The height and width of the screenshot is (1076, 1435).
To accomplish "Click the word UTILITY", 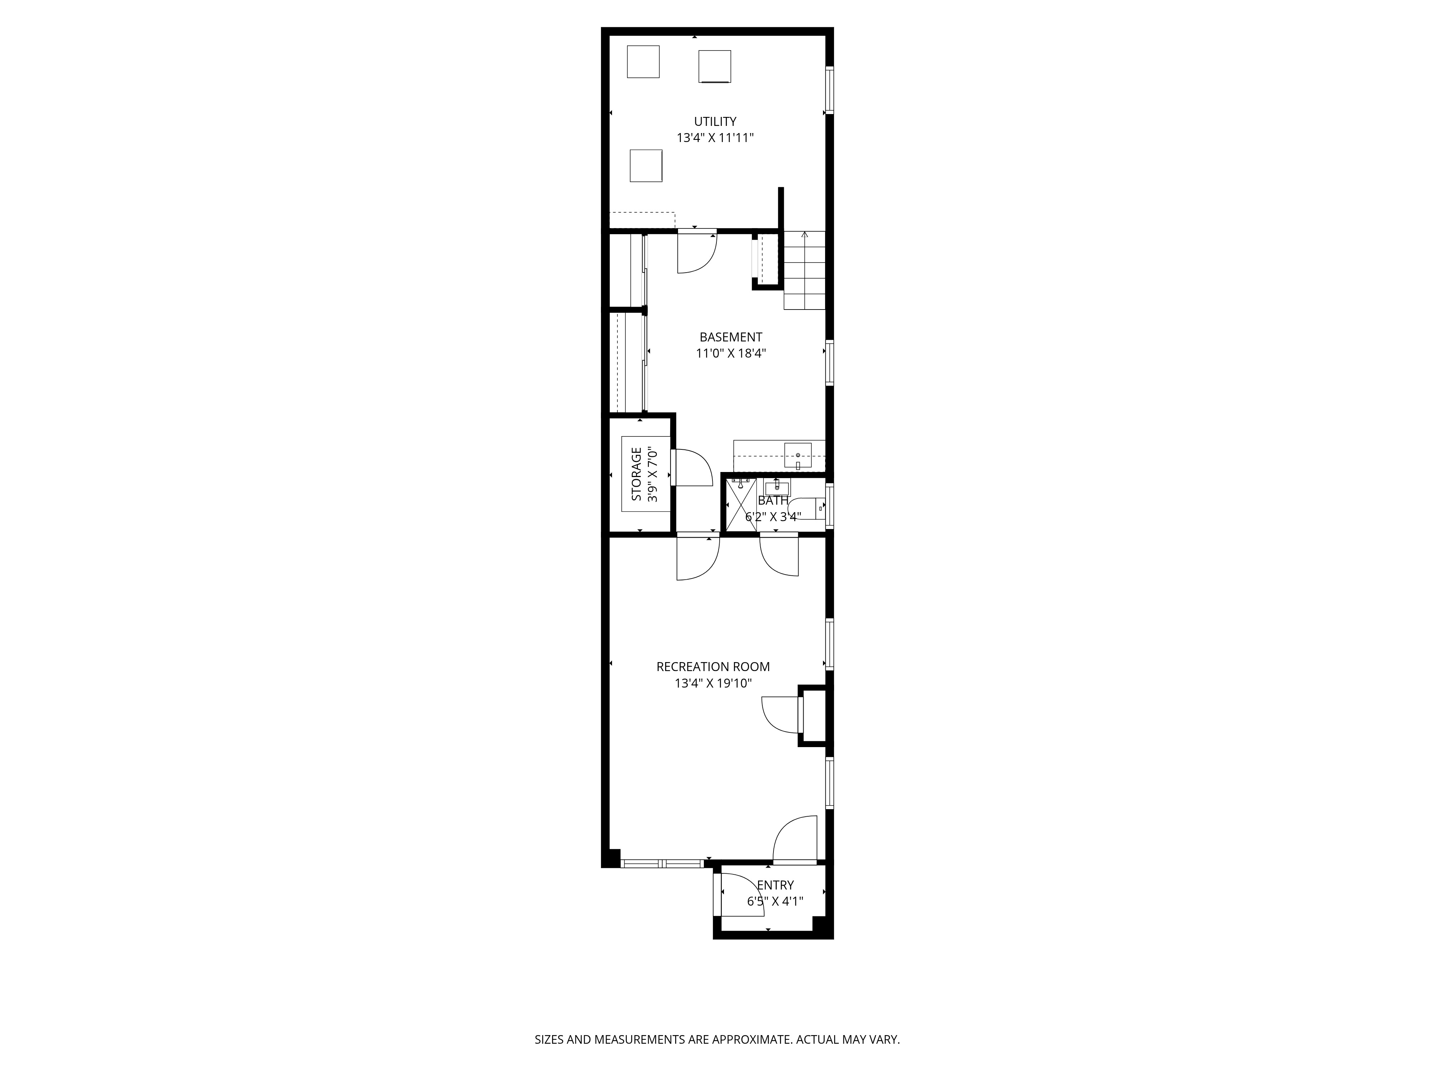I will pos(715,121).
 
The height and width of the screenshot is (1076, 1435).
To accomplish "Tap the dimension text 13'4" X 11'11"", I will pos(715,138).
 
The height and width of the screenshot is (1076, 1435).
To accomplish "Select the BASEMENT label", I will pos(730,337).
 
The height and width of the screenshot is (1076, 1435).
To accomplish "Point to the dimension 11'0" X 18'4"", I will pos(730,354).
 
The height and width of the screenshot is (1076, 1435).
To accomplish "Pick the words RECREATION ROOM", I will pos(713,667).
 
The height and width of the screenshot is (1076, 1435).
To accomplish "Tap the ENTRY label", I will pos(775,885).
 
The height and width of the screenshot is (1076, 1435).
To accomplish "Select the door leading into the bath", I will pos(778,554).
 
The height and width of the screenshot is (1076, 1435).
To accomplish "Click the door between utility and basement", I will pos(697,252).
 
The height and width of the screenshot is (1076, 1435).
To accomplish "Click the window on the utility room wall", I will pos(829,90).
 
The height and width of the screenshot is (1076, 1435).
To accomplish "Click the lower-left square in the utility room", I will pos(646,165).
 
